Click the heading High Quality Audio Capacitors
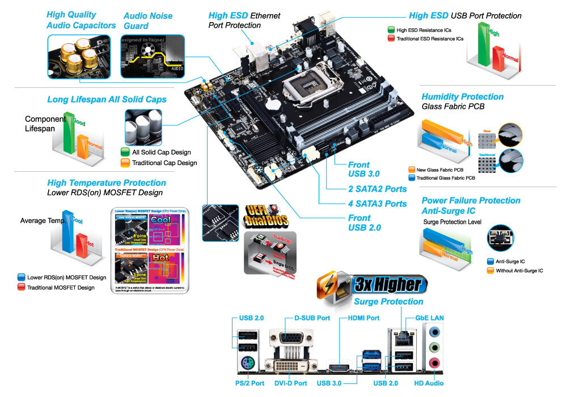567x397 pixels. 81,20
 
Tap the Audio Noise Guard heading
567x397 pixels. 147,21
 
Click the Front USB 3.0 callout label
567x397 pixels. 364,170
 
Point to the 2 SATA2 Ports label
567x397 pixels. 377,189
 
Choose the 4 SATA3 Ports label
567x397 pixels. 377,204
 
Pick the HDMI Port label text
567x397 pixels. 359,318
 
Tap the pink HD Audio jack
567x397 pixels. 435,363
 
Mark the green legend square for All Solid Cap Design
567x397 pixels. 125,152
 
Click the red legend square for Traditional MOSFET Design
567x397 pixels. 22,288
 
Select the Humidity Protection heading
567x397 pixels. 462,97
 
